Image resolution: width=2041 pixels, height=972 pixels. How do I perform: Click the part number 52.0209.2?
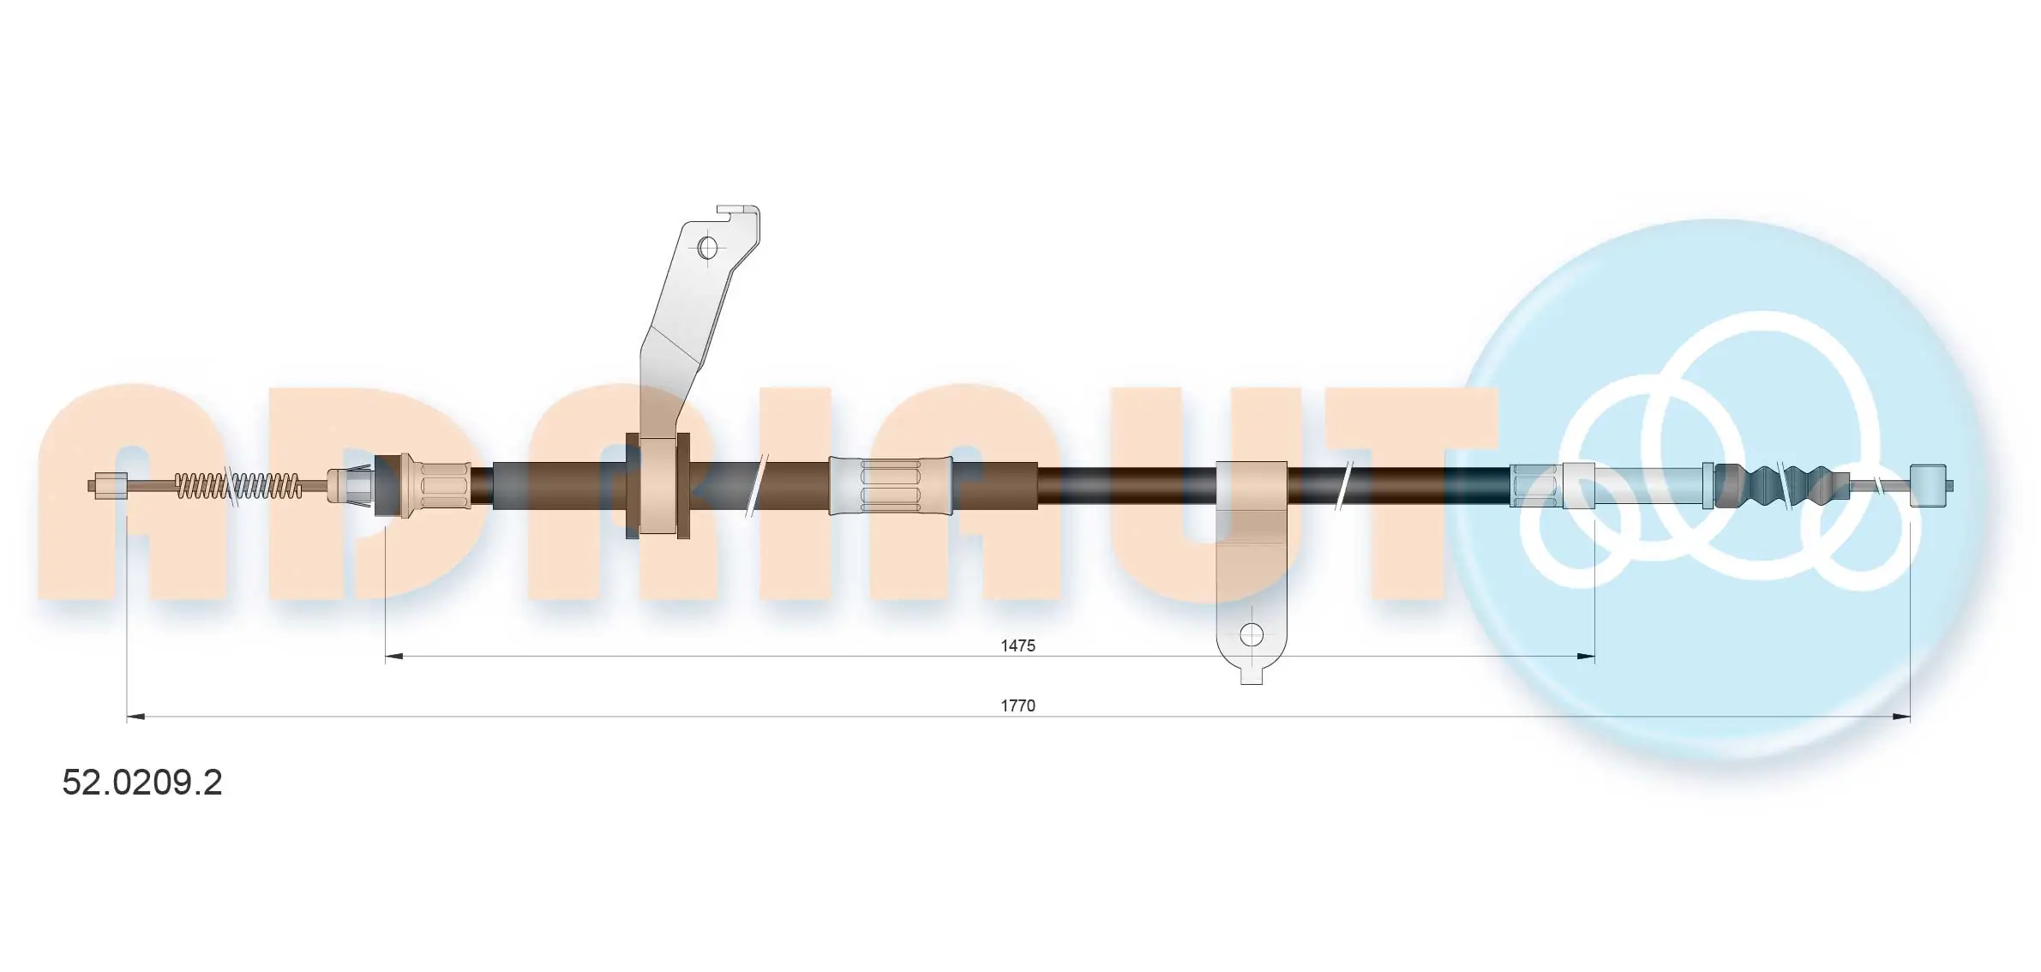pyautogui.click(x=142, y=782)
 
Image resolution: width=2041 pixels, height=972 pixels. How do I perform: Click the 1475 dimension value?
pyautogui.click(x=1017, y=645)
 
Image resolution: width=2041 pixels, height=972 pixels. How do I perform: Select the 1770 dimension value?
pyautogui.click(x=1017, y=705)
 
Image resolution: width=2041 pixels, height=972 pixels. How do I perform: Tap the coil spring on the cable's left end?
pyautogui.click(x=238, y=486)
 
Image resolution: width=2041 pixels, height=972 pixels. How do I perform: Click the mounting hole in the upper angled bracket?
pyautogui.click(x=707, y=248)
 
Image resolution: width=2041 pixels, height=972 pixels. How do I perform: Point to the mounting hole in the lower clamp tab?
pyautogui.click(x=1252, y=635)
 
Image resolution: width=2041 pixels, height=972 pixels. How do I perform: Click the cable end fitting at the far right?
pyautogui.click(x=1930, y=486)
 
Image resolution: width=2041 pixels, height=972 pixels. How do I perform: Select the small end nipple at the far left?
pyautogui.click(x=108, y=486)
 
